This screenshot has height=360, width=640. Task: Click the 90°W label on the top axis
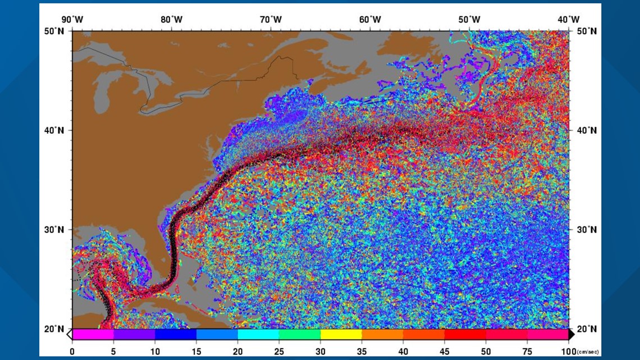[x=72, y=20]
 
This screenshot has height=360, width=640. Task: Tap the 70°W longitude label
[x=271, y=20]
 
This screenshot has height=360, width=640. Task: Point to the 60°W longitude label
[x=370, y=20]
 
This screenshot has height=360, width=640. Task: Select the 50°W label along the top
[x=469, y=20]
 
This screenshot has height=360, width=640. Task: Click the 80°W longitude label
[x=171, y=20]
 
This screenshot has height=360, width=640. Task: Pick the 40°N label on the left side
[x=57, y=130]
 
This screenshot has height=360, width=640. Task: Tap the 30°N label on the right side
[x=585, y=230]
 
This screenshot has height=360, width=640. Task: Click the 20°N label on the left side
[x=57, y=329]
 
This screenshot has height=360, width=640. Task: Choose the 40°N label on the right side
[x=585, y=130]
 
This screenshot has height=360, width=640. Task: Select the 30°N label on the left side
[x=57, y=230]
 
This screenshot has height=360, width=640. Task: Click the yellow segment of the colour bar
[x=341, y=334]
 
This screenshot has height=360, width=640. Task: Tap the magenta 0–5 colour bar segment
[x=93, y=334]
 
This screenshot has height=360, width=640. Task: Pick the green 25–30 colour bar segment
[x=299, y=334]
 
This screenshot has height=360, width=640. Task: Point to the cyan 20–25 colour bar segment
[x=258, y=334]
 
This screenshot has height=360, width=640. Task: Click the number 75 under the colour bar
[x=527, y=351]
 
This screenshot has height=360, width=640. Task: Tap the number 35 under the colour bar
[x=362, y=351]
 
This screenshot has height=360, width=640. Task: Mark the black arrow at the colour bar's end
[x=572, y=334]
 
